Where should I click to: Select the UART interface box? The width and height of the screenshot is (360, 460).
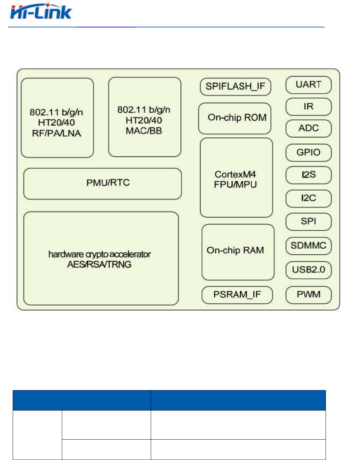click(308, 85)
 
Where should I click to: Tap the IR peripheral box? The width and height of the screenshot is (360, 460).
click(308, 107)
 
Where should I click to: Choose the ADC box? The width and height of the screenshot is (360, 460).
click(308, 128)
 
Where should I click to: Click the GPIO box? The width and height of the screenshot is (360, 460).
click(308, 152)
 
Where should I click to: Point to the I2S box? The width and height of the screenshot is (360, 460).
click(308, 175)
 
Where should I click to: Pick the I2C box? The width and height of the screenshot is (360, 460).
click(308, 198)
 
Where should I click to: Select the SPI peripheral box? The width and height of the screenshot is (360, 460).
click(308, 221)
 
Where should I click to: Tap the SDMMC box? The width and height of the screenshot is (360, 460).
click(308, 246)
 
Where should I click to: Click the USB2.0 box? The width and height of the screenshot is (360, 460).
click(308, 270)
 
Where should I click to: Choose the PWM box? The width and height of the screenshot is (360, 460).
click(308, 295)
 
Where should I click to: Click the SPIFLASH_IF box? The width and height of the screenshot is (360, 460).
click(235, 87)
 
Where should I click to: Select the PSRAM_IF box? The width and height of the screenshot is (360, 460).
click(237, 295)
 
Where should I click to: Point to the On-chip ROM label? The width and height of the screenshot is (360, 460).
click(237, 118)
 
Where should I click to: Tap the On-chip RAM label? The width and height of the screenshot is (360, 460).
click(235, 250)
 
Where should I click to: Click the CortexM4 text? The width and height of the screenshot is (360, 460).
click(235, 174)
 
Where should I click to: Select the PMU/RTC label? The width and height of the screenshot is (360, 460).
click(108, 183)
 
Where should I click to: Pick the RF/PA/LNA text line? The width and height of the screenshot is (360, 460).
click(56, 133)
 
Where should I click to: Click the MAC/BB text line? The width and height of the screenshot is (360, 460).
click(144, 131)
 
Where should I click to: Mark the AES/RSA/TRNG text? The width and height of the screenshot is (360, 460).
click(99, 264)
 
